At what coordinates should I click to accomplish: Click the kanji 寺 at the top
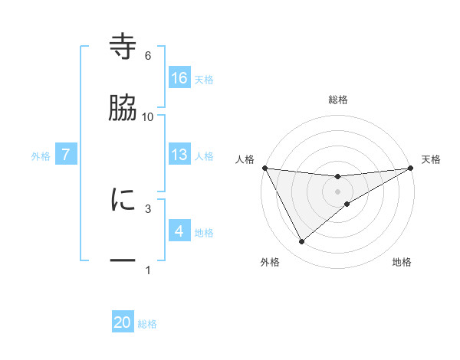tap(123, 48)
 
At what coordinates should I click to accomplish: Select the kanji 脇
tap(123, 109)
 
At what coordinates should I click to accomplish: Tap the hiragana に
tap(123, 200)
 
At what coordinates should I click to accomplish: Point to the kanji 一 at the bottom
tap(123, 260)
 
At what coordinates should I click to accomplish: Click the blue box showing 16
tap(179, 77)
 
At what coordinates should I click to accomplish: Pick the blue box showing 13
tap(179, 154)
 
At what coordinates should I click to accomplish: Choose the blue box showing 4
tap(179, 231)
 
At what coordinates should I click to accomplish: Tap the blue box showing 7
tap(67, 155)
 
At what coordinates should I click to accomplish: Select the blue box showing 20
tap(123, 322)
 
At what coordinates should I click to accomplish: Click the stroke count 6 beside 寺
tap(148, 56)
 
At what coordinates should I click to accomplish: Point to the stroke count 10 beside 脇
tap(148, 116)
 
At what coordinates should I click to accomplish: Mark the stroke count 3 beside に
tap(148, 208)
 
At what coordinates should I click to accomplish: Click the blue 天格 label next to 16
tap(204, 79)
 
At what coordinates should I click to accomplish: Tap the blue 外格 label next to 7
tap(41, 155)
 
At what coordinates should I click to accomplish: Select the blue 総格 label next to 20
tap(147, 324)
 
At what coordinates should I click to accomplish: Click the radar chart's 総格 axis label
tap(337, 100)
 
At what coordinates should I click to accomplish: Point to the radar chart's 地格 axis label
tap(402, 262)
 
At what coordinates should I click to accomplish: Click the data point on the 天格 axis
tap(412, 168)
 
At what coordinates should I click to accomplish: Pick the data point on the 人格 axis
tap(264, 168)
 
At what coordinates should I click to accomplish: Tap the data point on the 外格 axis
tap(301, 242)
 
